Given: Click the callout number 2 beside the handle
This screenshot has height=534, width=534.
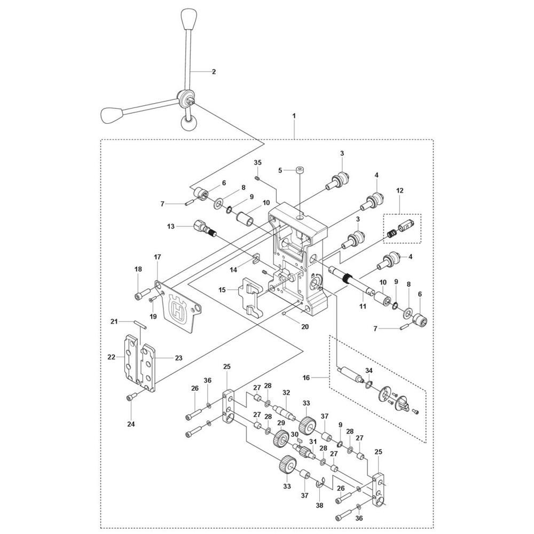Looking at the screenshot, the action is [214, 72].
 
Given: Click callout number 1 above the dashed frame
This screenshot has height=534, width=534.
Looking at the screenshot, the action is [294, 116].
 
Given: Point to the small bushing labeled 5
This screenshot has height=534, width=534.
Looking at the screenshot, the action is [300, 170].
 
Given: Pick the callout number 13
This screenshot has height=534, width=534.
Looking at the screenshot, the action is [171, 226].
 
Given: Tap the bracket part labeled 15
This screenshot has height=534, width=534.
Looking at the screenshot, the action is [250, 296].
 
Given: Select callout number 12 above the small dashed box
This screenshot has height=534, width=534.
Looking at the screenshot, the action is [399, 191].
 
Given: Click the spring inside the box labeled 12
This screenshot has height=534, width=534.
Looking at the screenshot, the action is [392, 233].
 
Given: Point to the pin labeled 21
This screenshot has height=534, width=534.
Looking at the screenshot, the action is [140, 325].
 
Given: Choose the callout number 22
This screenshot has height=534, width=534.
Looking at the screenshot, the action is [112, 357].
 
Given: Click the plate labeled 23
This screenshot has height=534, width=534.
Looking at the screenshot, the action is [147, 367].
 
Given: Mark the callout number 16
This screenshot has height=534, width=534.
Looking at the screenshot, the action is [306, 378].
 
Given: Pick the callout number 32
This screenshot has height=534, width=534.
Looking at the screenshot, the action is [286, 392].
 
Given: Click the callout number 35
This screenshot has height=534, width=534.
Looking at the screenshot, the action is [258, 162].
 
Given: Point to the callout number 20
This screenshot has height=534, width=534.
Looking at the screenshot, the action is [305, 327].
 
